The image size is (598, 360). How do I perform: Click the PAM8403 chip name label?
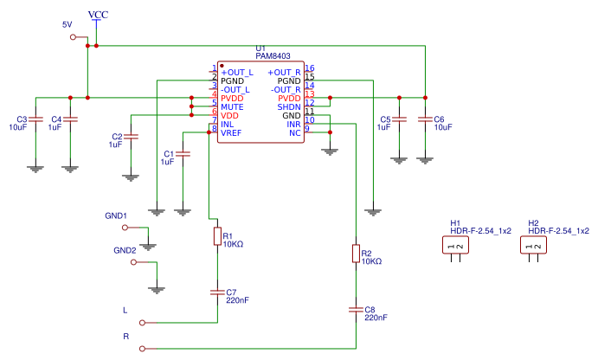point(273,56)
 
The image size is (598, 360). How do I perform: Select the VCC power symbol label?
point(98,15)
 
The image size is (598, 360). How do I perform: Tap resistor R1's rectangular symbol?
point(217,236)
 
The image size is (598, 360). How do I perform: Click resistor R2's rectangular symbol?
point(356,254)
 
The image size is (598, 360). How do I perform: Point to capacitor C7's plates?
point(217,292)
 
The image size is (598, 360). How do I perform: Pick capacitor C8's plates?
point(356,310)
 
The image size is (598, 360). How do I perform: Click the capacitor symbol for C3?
point(35,119)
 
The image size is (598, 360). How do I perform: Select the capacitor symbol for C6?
point(425,119)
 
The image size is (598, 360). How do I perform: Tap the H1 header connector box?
point(455,245)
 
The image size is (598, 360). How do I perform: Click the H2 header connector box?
point(534,245)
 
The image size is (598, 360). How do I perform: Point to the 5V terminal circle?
point(73,37)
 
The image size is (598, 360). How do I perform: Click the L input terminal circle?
point(142,323)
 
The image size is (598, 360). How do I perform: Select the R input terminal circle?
point(142,349)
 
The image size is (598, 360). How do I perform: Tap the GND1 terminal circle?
point(125,228)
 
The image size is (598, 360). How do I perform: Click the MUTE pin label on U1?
point(232,107)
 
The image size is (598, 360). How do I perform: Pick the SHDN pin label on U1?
point(289,107)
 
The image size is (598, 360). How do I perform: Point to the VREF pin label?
point(231,133)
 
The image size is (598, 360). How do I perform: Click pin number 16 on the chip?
point(310,67)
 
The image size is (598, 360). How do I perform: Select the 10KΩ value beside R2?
point(371,261)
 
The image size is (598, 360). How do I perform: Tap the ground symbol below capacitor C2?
point(131,177)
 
